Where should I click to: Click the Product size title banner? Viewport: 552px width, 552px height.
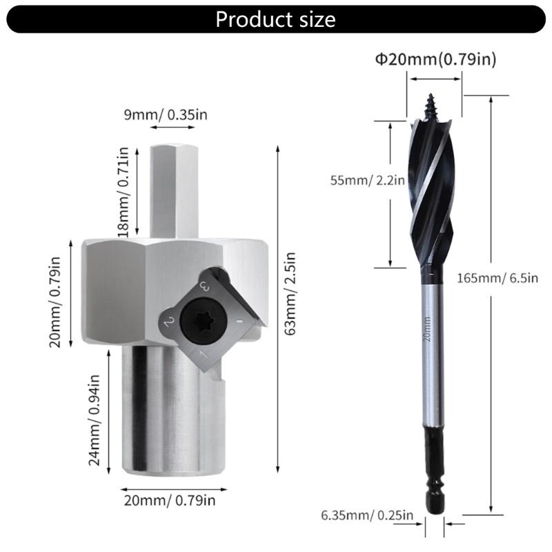(x=276, y=19)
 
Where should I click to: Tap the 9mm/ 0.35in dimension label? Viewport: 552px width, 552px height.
(x=166, y=115)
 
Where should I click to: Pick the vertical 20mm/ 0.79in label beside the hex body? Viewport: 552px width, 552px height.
(x=56, y=301)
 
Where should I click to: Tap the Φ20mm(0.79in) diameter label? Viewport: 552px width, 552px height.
(x=435, y=59)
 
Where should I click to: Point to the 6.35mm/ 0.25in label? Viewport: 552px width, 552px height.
(x=366, y=515)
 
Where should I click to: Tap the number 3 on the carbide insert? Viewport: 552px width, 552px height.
(x=204, y=285)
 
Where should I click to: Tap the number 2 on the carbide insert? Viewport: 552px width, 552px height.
(x=168, y=322)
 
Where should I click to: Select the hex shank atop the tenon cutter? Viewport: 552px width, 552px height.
(x=175, y=190)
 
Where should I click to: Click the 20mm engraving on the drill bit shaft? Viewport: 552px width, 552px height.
(x=428, y=330)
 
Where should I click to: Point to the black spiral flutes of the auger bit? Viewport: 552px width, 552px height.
(x=433, y=193)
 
